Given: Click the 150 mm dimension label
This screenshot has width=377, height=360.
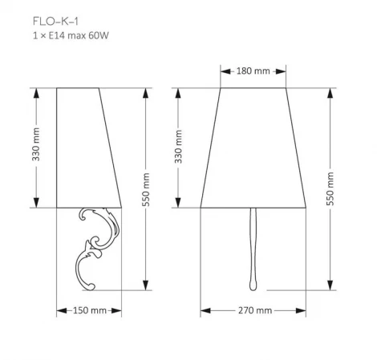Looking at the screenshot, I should pos(89,310).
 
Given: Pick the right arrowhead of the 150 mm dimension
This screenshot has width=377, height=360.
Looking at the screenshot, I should pos(119,310).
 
